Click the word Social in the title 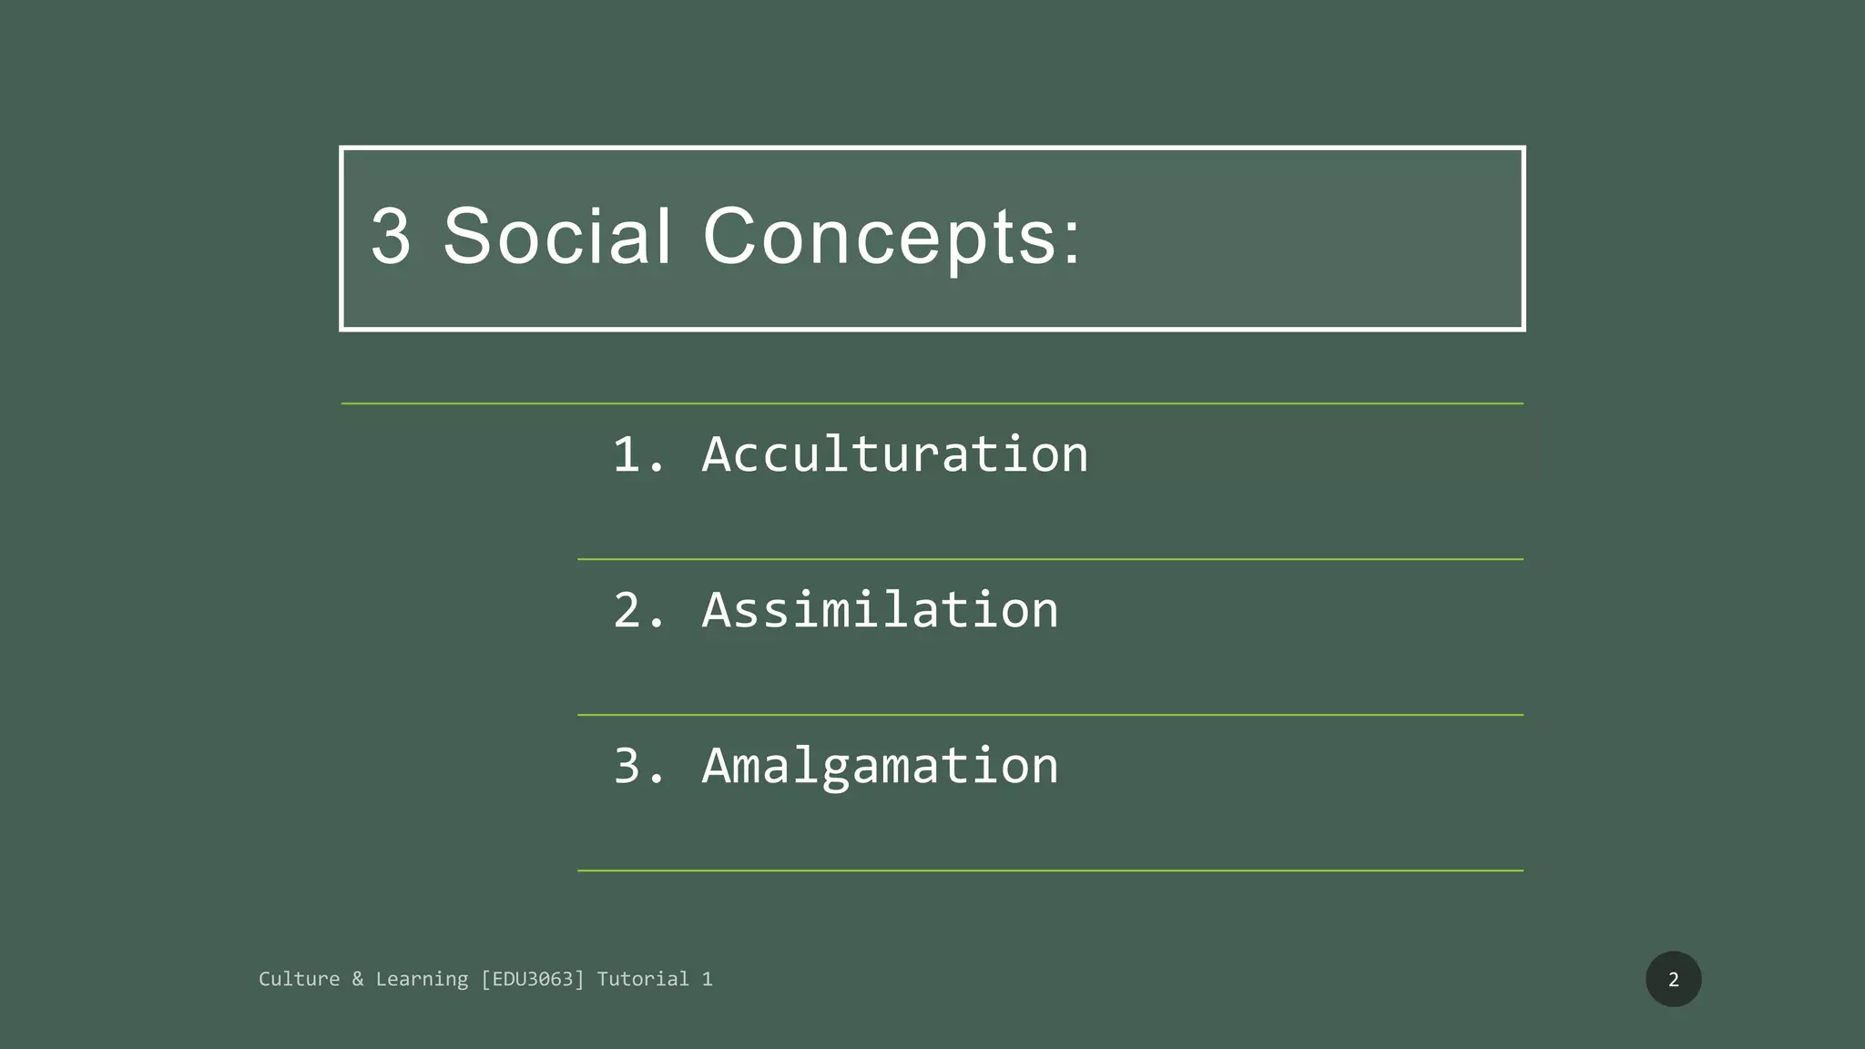coord(557,236)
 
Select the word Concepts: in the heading coord(892,238)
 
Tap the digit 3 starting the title coord(391,236)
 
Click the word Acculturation coord(895,453)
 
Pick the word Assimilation coord(880,609)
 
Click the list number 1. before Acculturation coord(638,453)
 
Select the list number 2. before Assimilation coord(638,609)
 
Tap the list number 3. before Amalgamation coord(638,765)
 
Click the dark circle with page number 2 coord(1673,979)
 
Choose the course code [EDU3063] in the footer coord(533,979)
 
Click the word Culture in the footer coord(299,979)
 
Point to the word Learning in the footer coord(422,980)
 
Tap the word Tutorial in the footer coord(643,979)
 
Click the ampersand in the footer coord(357,979)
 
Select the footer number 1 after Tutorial coord(707,979)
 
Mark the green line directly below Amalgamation coord(1050,871)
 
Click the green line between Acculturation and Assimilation coord(1050,559)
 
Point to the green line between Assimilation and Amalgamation coord(1050,715)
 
